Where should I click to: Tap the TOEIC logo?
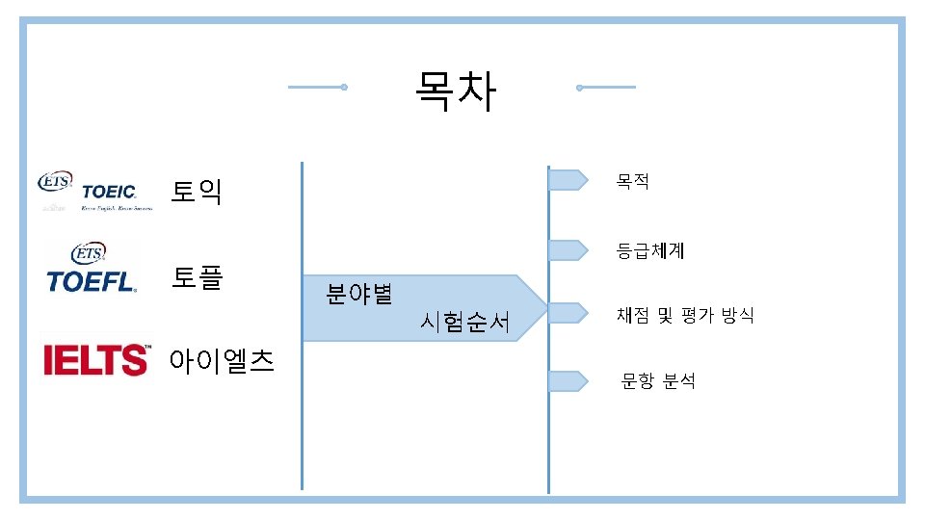(94, 192)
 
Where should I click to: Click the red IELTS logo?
(96, 359)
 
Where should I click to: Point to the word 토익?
(197, 192)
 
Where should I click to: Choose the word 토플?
(197, 278)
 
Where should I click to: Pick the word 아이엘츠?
(221, 361)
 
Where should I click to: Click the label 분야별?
(358, 294)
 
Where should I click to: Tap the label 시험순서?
(464, 323)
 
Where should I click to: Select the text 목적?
(633, 180)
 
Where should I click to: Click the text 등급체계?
(650, 251)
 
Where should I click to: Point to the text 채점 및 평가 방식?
(685, 315)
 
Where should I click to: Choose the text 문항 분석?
(658, 381)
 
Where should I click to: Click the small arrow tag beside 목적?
(568, 179)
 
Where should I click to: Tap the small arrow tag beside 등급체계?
(568, 250)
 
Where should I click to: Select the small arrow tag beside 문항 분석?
(568, 381)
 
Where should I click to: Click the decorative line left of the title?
(317, 88)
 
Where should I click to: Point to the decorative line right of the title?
(606, 88)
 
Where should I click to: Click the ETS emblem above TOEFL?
(89, 253)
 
